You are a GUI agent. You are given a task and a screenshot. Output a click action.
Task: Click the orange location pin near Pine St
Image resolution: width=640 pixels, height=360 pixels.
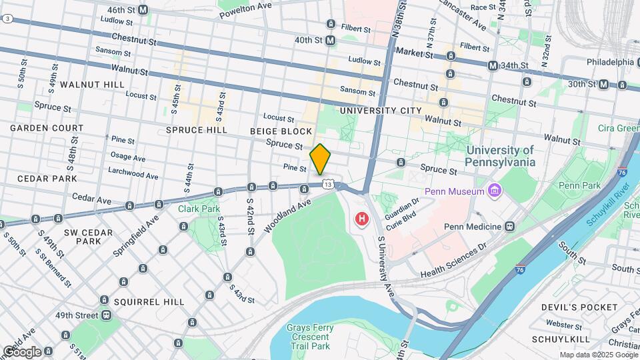[x=320, y=159]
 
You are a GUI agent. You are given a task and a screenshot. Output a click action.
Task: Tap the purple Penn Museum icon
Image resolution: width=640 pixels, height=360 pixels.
[x=494, y=192]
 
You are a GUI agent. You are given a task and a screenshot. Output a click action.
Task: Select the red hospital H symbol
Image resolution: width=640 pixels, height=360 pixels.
[x=363, y=219]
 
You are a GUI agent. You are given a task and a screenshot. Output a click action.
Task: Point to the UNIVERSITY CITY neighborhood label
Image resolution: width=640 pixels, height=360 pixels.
[x=380, y=110]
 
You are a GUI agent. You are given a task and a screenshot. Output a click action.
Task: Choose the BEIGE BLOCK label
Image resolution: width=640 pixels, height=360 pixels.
[x=281, y=131]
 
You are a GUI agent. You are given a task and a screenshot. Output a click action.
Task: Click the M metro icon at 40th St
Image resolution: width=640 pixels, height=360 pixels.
[x=330, y=40]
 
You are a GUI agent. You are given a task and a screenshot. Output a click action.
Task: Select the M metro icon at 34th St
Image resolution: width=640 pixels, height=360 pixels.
[x=493, y=65]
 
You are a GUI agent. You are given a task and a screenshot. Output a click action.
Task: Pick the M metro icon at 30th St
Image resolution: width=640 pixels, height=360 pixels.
[x=603, y=84]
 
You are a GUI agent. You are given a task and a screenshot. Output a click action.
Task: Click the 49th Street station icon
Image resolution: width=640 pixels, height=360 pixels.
[x=105, y=315]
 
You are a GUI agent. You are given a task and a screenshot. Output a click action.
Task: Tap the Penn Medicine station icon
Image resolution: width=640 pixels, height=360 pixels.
[x=509, y=226]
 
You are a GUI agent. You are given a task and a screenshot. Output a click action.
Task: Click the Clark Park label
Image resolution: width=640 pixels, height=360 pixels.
[x=199, y=209]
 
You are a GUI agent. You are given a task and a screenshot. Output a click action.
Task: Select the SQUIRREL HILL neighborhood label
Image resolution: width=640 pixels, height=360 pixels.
[x=148, y=302]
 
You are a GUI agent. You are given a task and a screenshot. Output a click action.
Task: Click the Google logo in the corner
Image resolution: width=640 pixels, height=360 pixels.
[x=22, y=351]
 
